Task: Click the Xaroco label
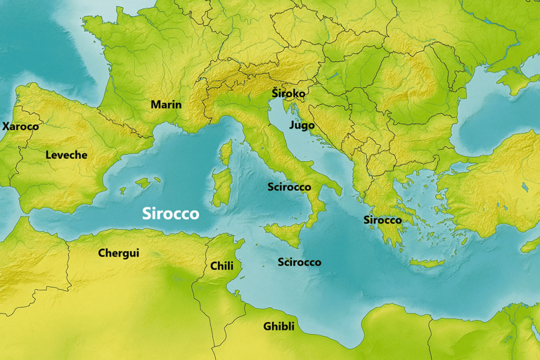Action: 20,127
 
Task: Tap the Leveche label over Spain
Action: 66,155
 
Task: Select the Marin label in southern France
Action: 166,105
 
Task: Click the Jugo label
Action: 302,125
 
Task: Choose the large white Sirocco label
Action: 170,214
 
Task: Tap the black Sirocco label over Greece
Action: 382,220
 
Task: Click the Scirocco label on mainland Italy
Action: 289,187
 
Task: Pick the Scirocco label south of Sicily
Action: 299,262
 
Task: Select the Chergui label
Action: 118,253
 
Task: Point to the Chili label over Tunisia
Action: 221,266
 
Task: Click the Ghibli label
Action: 278,326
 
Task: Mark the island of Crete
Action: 426,262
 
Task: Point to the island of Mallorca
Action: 143,182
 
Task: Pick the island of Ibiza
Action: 122,191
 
